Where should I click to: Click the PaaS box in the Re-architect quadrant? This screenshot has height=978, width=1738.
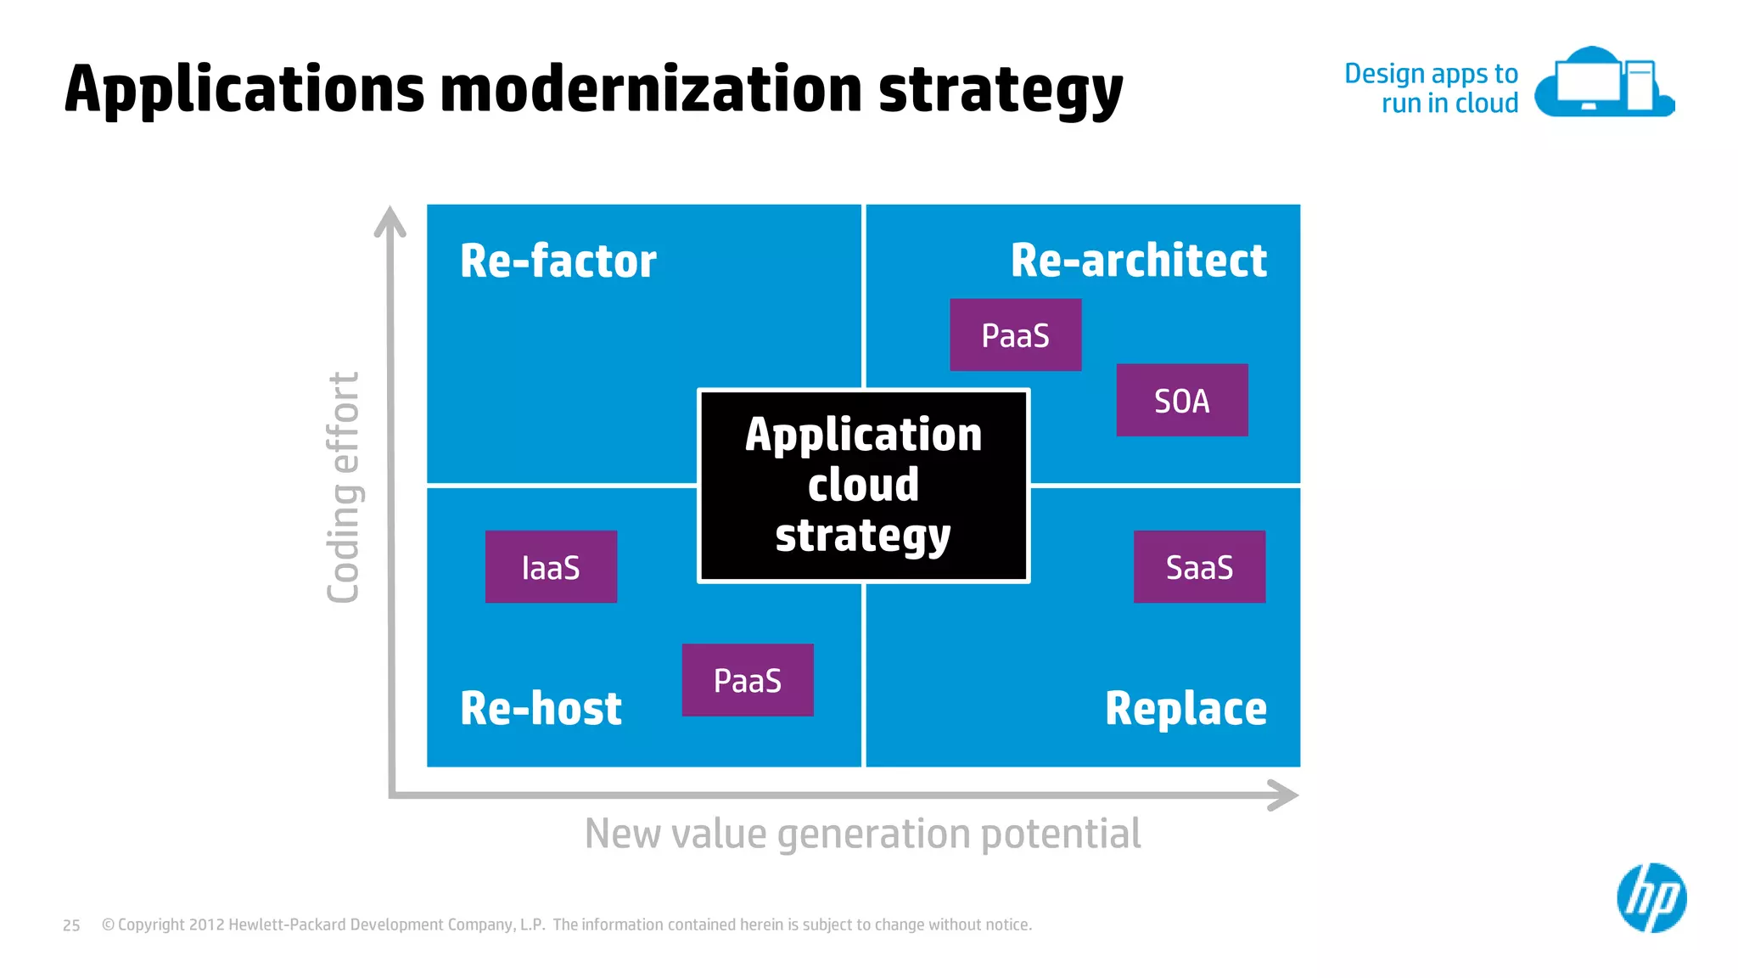click(x=1015, y=335)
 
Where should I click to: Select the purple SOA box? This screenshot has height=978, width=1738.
click(x=1181, y=401)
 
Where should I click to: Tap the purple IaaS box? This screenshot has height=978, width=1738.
click(x=551, y=567)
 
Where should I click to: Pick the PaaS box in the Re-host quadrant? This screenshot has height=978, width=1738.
click(x=747, y=680)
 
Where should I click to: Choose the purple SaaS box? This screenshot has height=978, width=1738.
click(x=1199, y=567)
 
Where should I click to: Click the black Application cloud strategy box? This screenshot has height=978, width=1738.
click(x=863, y=486)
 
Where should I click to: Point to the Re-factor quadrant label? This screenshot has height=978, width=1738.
click(x=558, y=261)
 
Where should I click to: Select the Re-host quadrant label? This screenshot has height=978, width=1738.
click(x=541, y=708)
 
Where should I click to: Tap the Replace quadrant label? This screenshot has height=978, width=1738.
click(x=1186, y=708)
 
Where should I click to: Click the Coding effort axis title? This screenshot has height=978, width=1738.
click(x=344, y=487)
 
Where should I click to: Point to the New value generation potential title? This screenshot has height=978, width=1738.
click(x=862, y=834)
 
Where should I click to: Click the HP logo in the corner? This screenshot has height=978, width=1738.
click(x=1651, y=898)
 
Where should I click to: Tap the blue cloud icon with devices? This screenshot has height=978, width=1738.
click(x=1603, y=83)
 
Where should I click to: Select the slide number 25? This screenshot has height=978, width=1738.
click(x=71, y=925)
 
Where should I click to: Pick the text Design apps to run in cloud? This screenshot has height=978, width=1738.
click(x=1432, y=88)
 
